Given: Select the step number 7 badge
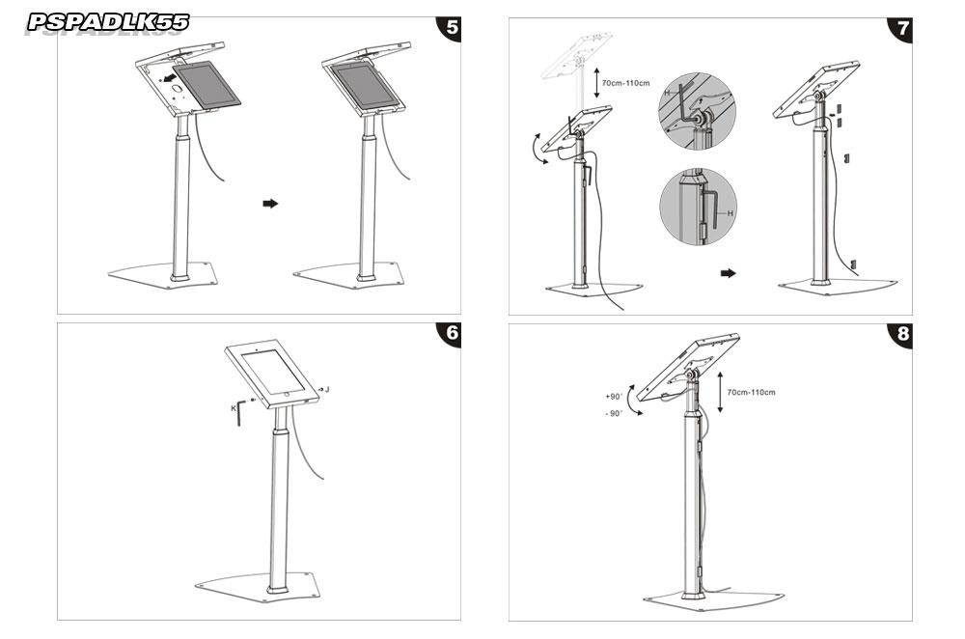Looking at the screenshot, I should click(901, 27).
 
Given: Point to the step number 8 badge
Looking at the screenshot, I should click(901, 334).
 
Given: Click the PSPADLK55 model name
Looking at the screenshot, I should click(108, 21).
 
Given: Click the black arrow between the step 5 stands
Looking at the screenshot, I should click(270, 204).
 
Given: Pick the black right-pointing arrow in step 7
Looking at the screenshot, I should click(728, 273).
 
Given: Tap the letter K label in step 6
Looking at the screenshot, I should click(234, 408).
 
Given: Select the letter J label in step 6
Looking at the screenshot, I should click(328, 389).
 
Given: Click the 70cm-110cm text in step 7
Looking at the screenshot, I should click(625, 83).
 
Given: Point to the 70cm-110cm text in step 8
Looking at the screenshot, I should click(752, 392).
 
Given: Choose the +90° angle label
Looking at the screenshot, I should click(614, 396).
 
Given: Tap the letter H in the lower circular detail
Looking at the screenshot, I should click(731, 212).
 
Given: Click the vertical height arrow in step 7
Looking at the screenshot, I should click(596, 83).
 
